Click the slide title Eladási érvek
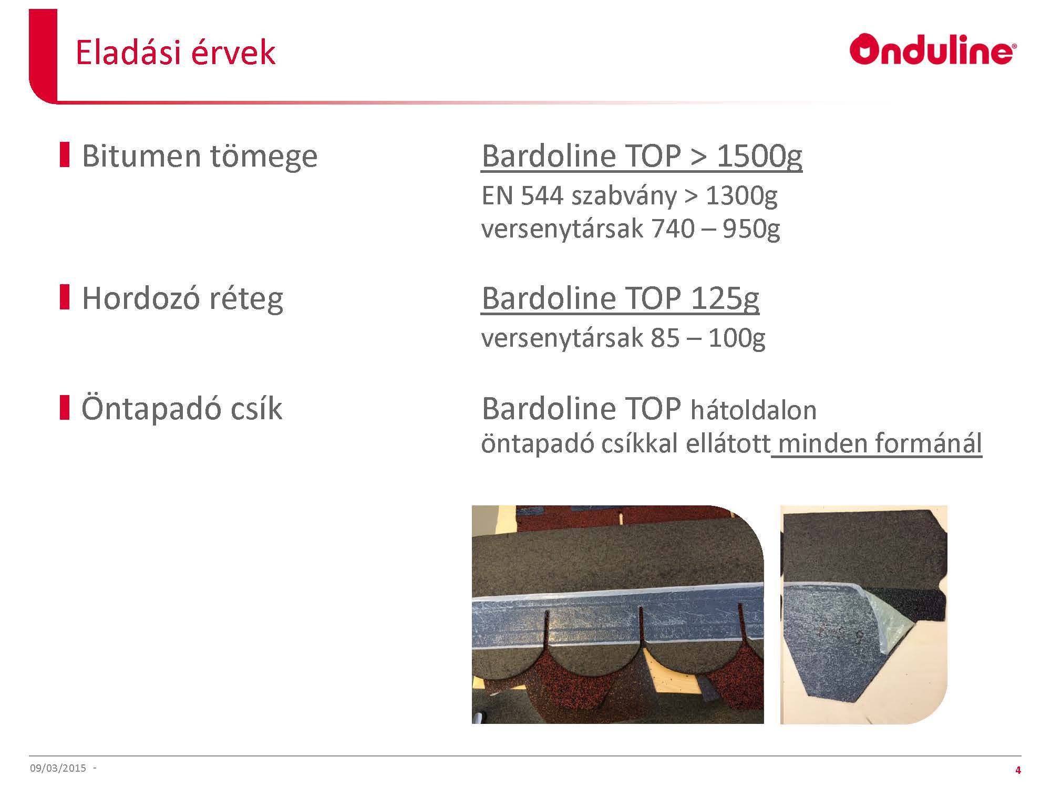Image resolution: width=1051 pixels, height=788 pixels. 176,52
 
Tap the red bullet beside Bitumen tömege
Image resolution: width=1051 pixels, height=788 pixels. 65,154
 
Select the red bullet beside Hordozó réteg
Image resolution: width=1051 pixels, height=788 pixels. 65,297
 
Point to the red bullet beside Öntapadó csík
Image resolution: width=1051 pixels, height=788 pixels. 65,407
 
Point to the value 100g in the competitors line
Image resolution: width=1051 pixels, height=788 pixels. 737,338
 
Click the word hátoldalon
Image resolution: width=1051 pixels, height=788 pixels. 754,410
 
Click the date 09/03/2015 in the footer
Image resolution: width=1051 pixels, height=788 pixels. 58,768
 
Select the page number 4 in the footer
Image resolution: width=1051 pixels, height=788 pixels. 1018,770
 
